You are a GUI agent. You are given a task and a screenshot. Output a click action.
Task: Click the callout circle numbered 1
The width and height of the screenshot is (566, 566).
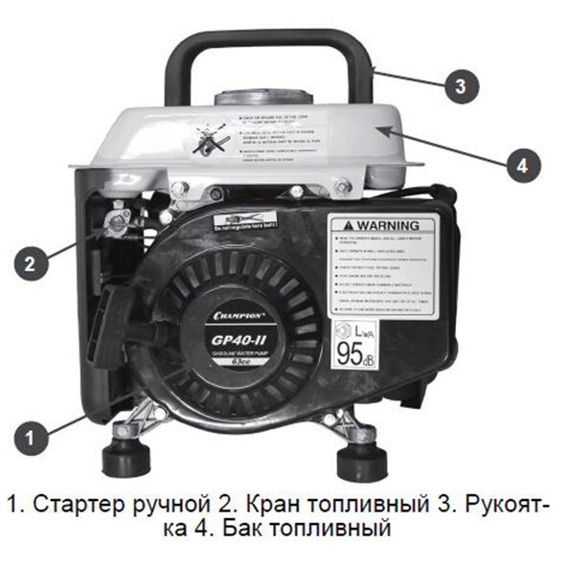click(33, 439)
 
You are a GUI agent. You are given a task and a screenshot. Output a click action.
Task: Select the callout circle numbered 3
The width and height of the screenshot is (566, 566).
click(461, 87)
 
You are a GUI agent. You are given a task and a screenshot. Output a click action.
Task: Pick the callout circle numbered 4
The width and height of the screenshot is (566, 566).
click(519, 166)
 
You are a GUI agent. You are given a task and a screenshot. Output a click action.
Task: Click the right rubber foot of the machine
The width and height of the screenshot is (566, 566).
click(360, 460)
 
